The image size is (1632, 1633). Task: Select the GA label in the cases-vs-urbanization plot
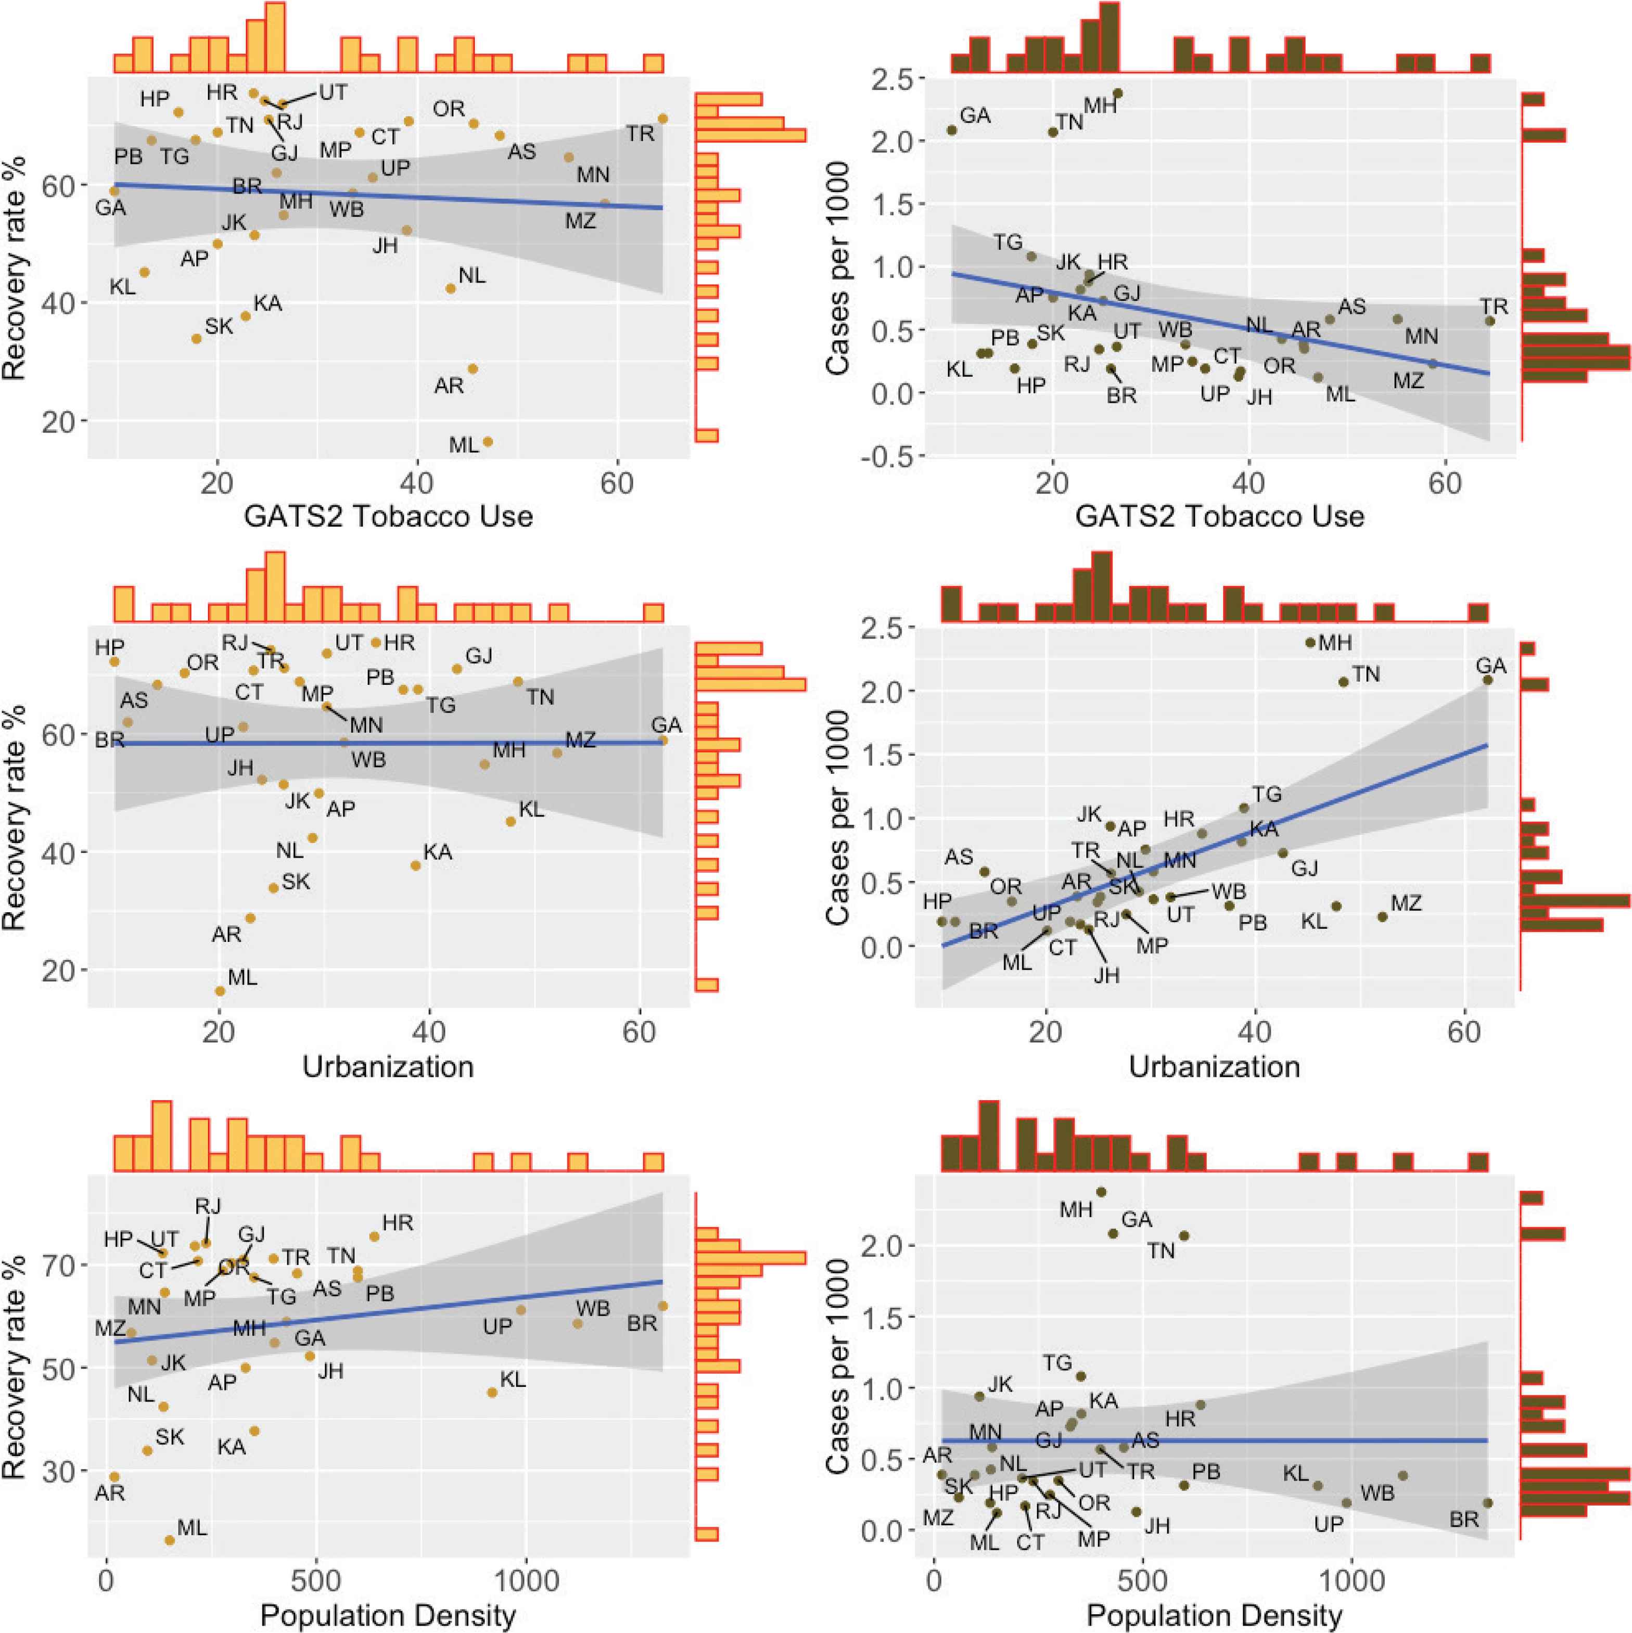click(1491, 666)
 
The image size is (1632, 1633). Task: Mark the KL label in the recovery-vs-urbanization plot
click(531, 810)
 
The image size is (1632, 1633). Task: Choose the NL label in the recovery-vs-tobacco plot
click(473, 275)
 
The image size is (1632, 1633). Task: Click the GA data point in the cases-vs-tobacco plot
click(952, 130)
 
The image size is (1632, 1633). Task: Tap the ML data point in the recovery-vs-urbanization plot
click(220, 991)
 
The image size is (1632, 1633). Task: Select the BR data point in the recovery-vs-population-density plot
click(662, 1306)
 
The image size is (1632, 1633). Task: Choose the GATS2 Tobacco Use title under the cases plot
click(1219, 516)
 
